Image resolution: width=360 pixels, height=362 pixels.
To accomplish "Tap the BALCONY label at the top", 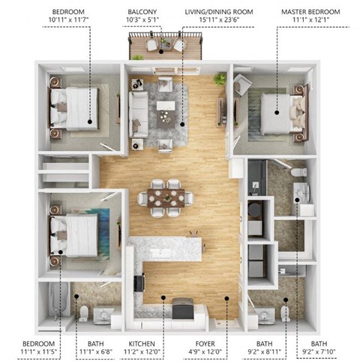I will click(142, 13).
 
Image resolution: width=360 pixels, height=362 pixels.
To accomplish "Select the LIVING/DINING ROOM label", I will click(219, 13).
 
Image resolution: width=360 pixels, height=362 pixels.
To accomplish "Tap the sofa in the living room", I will click(138, 111).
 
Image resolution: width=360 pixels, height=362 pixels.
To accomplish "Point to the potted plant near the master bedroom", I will click(220, 78).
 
